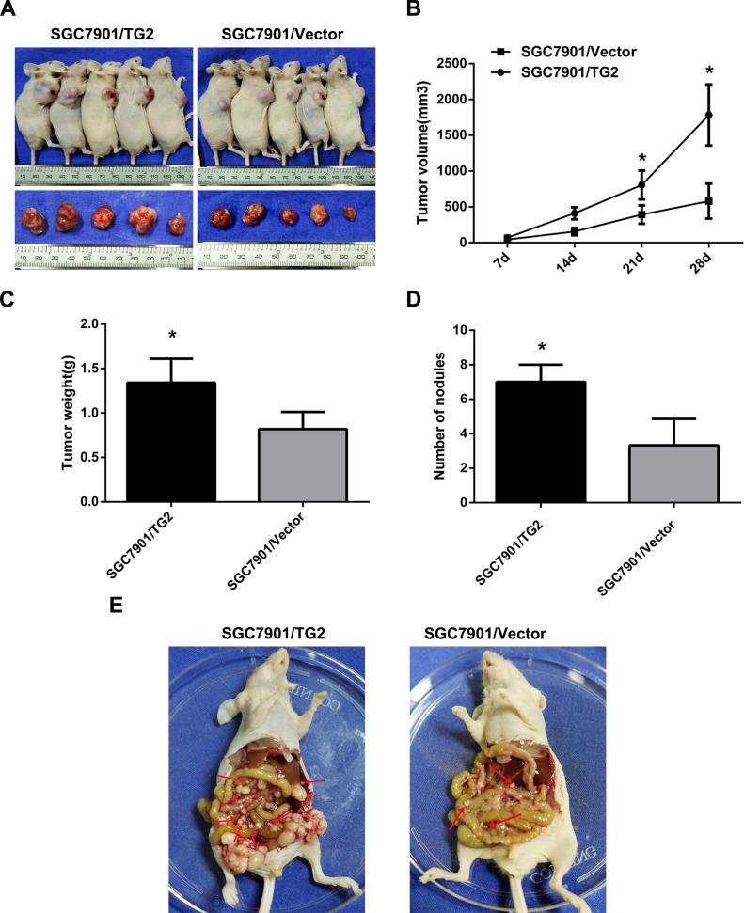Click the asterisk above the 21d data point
pyautogui.click(x=640, y=158)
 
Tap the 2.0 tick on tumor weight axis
pyautogui.click(x=91, y=323)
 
